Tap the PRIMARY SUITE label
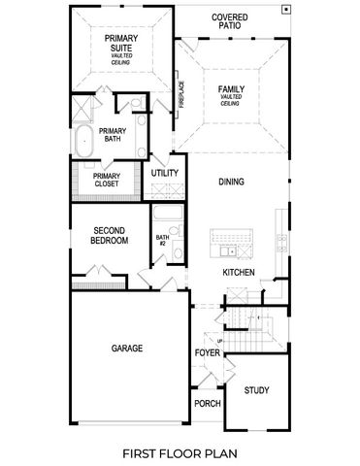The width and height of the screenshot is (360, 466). tap(121, 43)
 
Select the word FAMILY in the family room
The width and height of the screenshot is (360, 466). tap(231, 89)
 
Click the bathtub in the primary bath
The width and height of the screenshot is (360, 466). tap(83, 140)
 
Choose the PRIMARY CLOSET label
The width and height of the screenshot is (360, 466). tap(107, 182)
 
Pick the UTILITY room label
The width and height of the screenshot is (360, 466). tap(166, 172)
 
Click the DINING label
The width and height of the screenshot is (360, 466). tap(231, 182)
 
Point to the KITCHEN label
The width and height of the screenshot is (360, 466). tap(239, 273)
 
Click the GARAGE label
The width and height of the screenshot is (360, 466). tap(126, 348)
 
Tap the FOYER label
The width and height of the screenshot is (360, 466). tap(207, 352)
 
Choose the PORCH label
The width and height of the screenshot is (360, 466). tap(207, 403)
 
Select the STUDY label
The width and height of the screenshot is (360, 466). tap(257, 390)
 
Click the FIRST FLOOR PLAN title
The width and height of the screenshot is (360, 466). tap(180, 452)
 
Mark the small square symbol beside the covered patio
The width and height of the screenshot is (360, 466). tap(285, 9)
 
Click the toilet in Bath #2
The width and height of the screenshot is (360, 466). tap(178, 254)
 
